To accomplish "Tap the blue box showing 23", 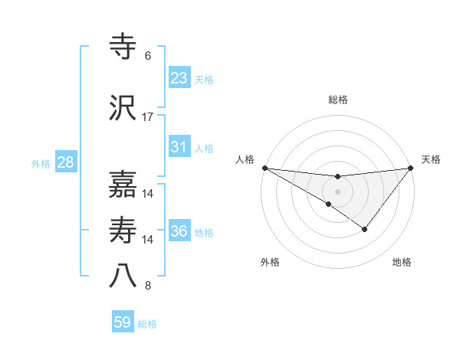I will pos(179,78).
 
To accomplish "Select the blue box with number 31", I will pos(179,147).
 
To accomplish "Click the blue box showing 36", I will pos(179,231).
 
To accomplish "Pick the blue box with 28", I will pos(64,162).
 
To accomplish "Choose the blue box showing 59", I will pos(123,322).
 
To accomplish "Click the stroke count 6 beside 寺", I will pos(148,56).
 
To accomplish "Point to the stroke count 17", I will pos(148,116).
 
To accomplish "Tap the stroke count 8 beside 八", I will pos(148,286).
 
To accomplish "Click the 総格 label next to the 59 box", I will pos(147,324).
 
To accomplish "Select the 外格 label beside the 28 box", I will pos(41,164).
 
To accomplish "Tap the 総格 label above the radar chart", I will pos(337,100).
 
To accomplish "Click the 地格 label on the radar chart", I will pos(402,262).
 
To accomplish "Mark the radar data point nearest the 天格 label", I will pos(411,168).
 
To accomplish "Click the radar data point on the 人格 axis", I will pos(264,168).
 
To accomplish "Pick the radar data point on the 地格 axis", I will pos(365,229).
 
